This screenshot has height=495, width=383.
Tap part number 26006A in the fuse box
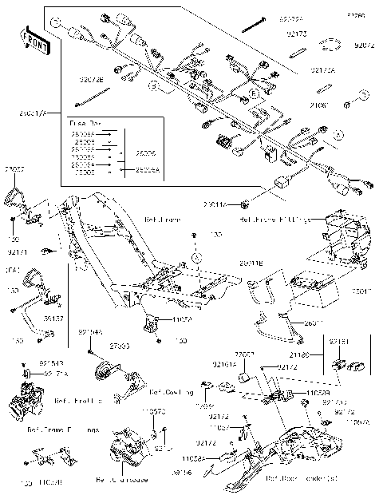coord(146,170)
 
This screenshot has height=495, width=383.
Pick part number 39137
coord(53,317)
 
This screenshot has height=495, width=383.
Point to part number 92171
coord(18,251)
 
